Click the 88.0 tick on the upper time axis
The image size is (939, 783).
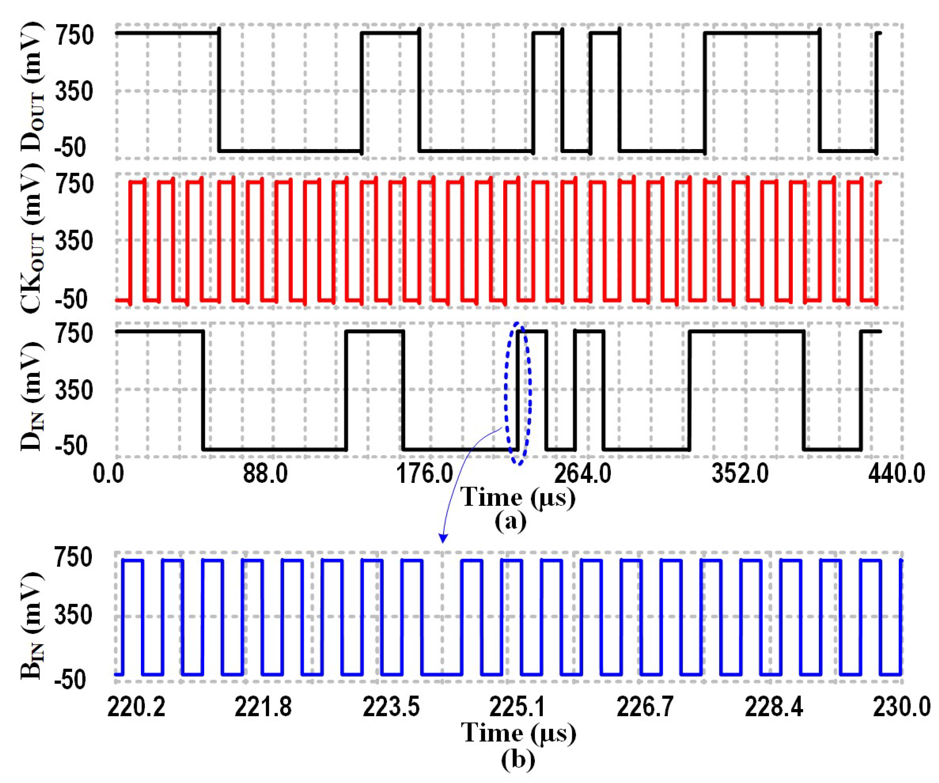click(266, 474)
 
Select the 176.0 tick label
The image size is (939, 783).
click(425, 474)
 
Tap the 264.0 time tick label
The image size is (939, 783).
click(583, 474)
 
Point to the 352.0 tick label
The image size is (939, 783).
click(740, 474)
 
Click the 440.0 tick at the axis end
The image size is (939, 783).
click(897, 474)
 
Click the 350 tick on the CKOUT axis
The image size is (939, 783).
click(74, 242)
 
